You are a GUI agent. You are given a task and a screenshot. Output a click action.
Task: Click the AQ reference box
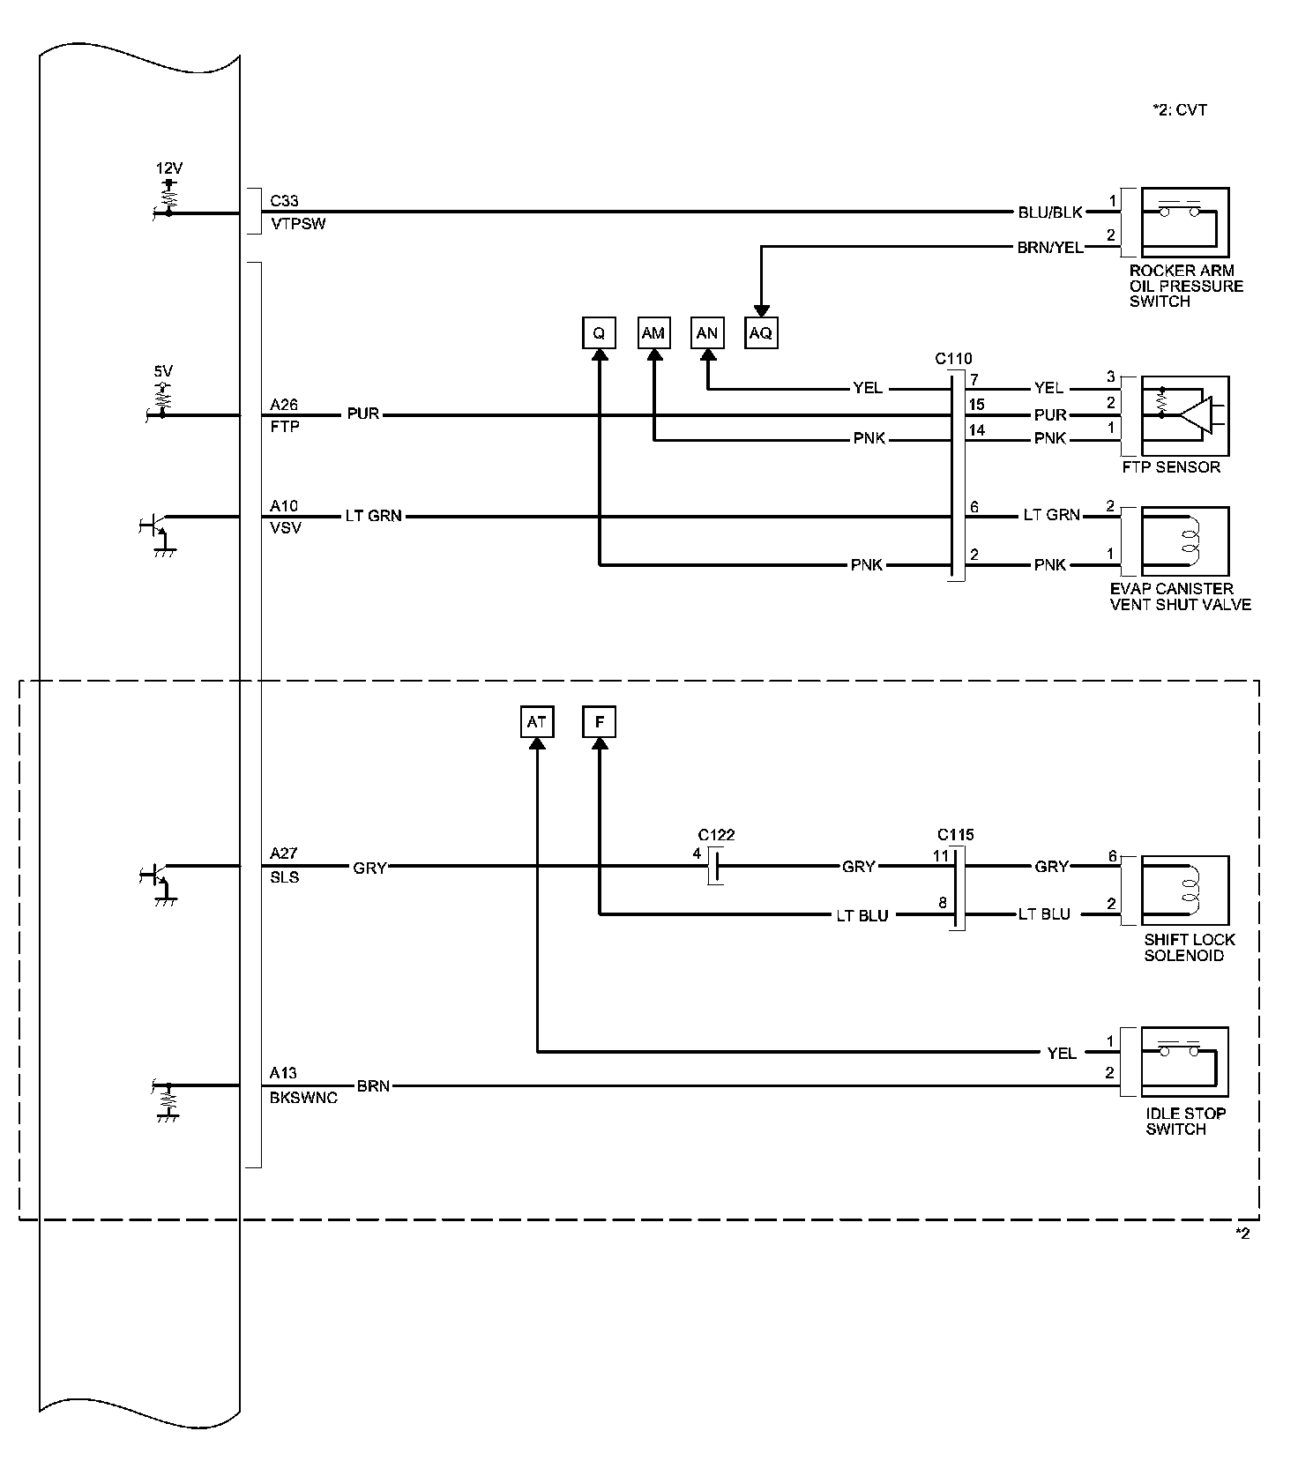click(760, 333)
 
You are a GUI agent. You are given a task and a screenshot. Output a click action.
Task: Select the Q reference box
click(599, 333)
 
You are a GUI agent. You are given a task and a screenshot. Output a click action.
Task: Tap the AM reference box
click(653, 333)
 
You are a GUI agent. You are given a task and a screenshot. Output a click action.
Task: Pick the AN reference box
click(707, 333)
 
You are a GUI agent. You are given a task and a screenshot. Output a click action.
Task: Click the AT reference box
click(536, 722)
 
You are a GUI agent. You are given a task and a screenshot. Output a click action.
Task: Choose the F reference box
click(600, 722)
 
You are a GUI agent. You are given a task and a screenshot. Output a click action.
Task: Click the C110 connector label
click(953, 359)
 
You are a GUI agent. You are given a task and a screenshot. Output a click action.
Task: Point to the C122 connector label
click(716, 835)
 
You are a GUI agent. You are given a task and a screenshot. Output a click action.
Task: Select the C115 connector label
click(956, 835)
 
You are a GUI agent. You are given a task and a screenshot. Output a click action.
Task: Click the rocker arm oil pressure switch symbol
click(1184, 221)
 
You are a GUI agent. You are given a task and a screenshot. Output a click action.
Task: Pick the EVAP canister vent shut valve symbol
click(1184, 540)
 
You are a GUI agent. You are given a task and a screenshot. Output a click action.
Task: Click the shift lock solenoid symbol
click(1184, 891)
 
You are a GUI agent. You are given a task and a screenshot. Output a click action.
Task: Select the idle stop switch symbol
click(1184, 1062)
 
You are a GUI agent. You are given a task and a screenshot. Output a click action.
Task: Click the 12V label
click(169, 168)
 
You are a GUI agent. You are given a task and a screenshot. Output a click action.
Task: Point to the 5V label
click(163, 372)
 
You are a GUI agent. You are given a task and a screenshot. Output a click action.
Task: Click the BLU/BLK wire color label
click(1050, 212)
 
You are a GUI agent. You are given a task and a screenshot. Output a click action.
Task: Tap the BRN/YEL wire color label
click(1050, 248)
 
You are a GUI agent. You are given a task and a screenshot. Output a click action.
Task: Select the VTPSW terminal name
click(298, 224)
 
